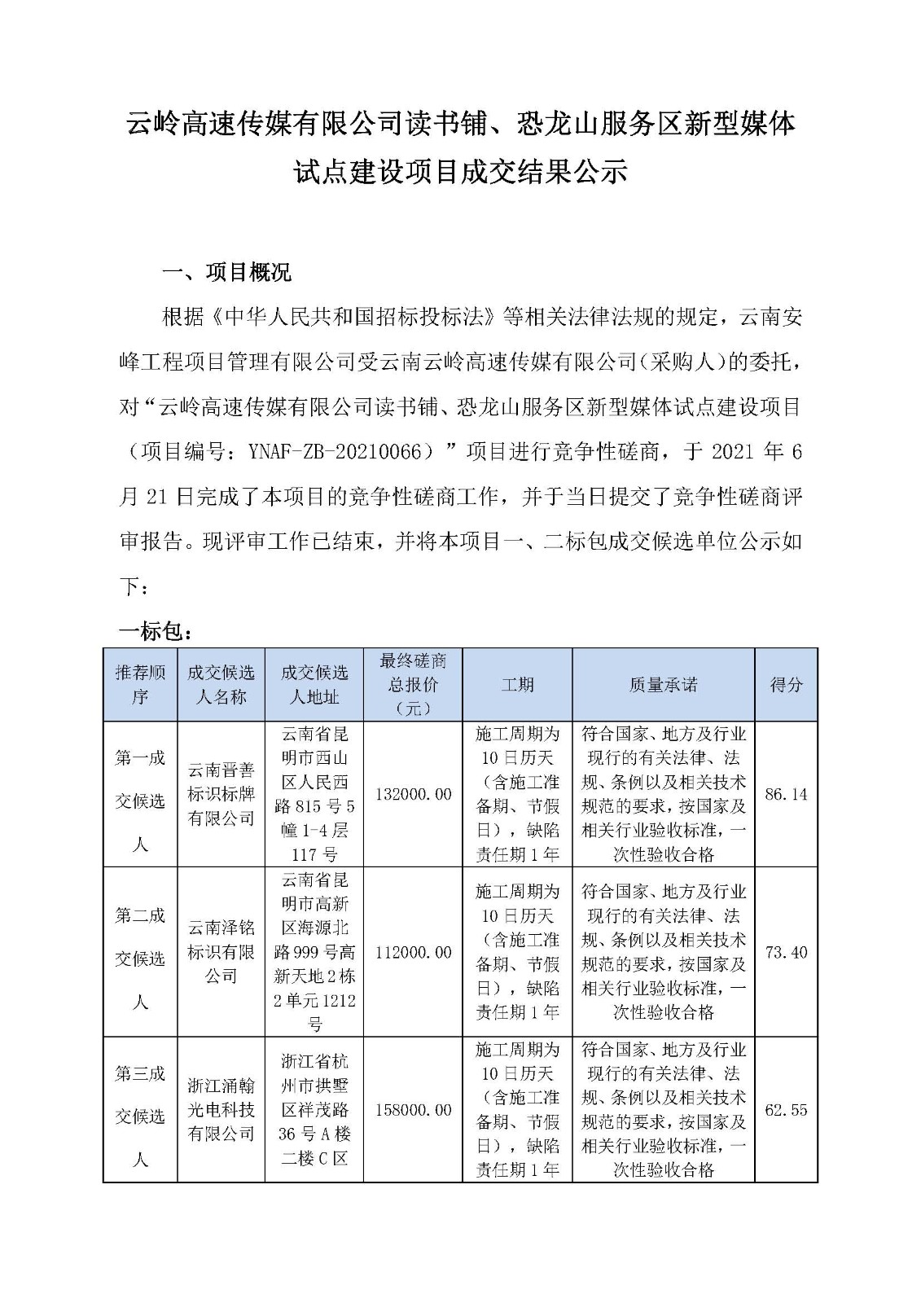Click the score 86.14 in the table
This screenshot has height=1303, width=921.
coord(786,794)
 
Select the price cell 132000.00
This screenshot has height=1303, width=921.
coord(413,794)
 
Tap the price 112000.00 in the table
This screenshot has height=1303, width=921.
coord(413,952)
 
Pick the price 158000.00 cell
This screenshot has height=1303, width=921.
coord(413,1110)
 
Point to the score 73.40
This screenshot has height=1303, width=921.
coord(786,952)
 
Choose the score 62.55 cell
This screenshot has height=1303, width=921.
coord(786,1110)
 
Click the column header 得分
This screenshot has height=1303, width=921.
coord(786,685)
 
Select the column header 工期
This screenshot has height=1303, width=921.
coord(517,685)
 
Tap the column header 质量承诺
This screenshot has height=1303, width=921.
coord(663,685)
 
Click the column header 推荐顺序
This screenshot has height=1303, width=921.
coord(140,685)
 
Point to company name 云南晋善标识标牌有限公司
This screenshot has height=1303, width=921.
coord(221,794)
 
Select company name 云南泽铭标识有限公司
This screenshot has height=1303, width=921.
coord(221,952)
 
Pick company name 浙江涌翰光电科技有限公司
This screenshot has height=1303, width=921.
coord(221,1110)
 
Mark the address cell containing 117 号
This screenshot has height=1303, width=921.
coord(314,794)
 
